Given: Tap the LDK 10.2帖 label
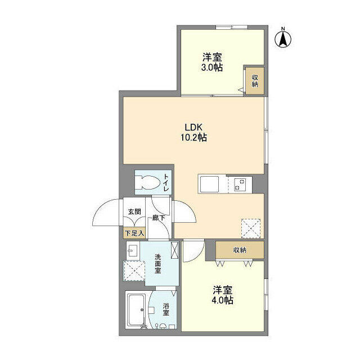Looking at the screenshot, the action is click(x=193, y=132).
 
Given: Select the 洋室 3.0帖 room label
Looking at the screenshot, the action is click(x=212, y=62).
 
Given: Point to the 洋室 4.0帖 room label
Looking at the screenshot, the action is click(x=223, y=295).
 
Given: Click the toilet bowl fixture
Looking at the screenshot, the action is click(x=147, y=182).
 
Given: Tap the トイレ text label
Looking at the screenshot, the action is click(x=166, y=183).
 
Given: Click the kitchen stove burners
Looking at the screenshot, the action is click(x=240, y=184).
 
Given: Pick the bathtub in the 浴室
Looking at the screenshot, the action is click(x=136, y=309).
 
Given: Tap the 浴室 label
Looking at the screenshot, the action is click(x=166, y=309).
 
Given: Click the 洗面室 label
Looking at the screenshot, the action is click(x=157, y=264).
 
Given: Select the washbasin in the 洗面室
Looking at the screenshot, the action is click(x=133, y=250).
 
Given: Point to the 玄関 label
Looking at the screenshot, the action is click(x=134, y=211).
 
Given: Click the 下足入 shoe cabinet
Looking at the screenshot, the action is click(x=134, y=233).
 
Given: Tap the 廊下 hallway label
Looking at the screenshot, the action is click(x=159, y=218).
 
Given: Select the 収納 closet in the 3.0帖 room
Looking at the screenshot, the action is click(x=255, y=80).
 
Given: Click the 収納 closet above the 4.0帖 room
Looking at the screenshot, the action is click(x=240, y=250).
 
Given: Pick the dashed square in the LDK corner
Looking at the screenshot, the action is click(x=251, y=228).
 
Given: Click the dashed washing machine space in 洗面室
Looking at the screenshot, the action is click(x=134, y=271).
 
